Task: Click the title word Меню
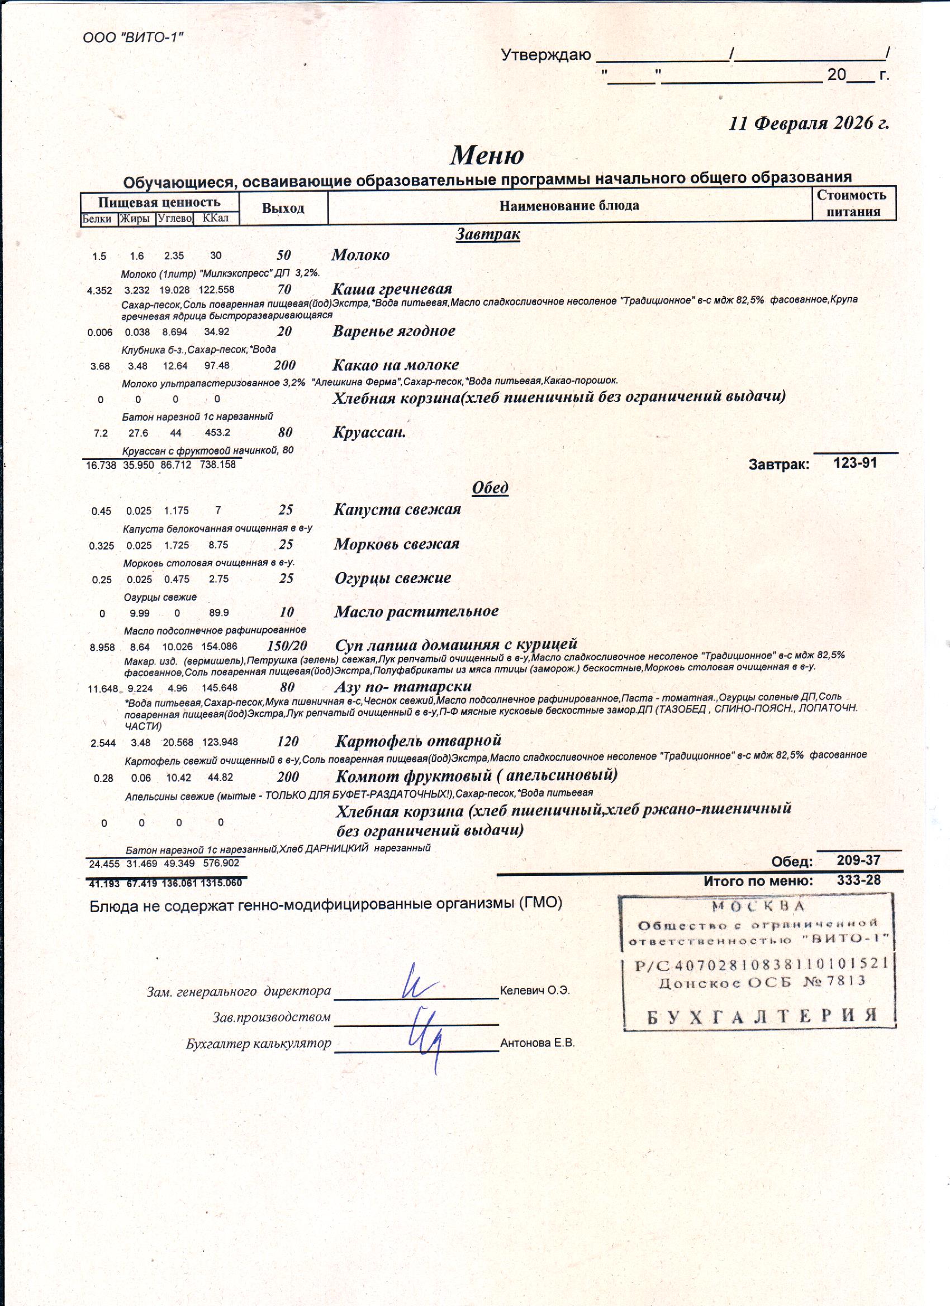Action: pos(487,154)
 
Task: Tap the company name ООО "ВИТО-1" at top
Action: pos(134,38)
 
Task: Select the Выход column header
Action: pos(283,208)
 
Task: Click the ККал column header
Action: pos(216,219)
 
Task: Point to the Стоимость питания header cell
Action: pos(853,203)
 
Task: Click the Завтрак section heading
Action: pos(488,234)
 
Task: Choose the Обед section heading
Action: pos(490,487)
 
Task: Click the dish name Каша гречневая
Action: pos(392,288)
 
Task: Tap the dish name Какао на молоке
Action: pos(396,365)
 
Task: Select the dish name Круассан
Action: pos(369,432)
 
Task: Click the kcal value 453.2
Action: pos(218,432)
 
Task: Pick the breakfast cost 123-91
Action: pos(855,463)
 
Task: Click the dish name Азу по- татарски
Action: pos(403,686)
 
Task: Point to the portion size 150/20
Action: pos(287,646)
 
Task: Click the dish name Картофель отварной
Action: pos(418,741)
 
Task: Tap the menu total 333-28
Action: pos(858,880)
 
